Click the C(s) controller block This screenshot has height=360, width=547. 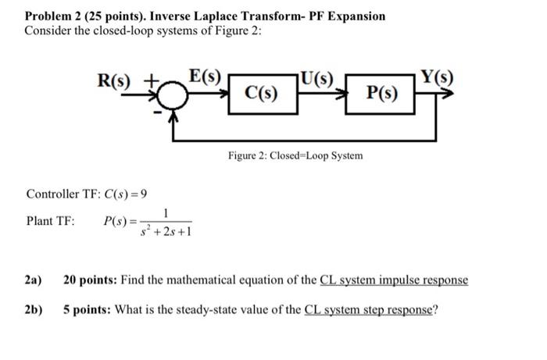[258, 94]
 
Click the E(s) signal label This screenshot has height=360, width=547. [206, 77]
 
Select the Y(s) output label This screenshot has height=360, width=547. [437, 77]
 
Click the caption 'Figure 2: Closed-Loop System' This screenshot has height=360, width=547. [295, 155]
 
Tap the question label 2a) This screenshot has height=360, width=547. [34, 280]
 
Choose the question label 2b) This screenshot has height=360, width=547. [34, 308]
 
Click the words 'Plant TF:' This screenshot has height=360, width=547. [51, 221]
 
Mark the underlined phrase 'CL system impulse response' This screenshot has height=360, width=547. [395, 280]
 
